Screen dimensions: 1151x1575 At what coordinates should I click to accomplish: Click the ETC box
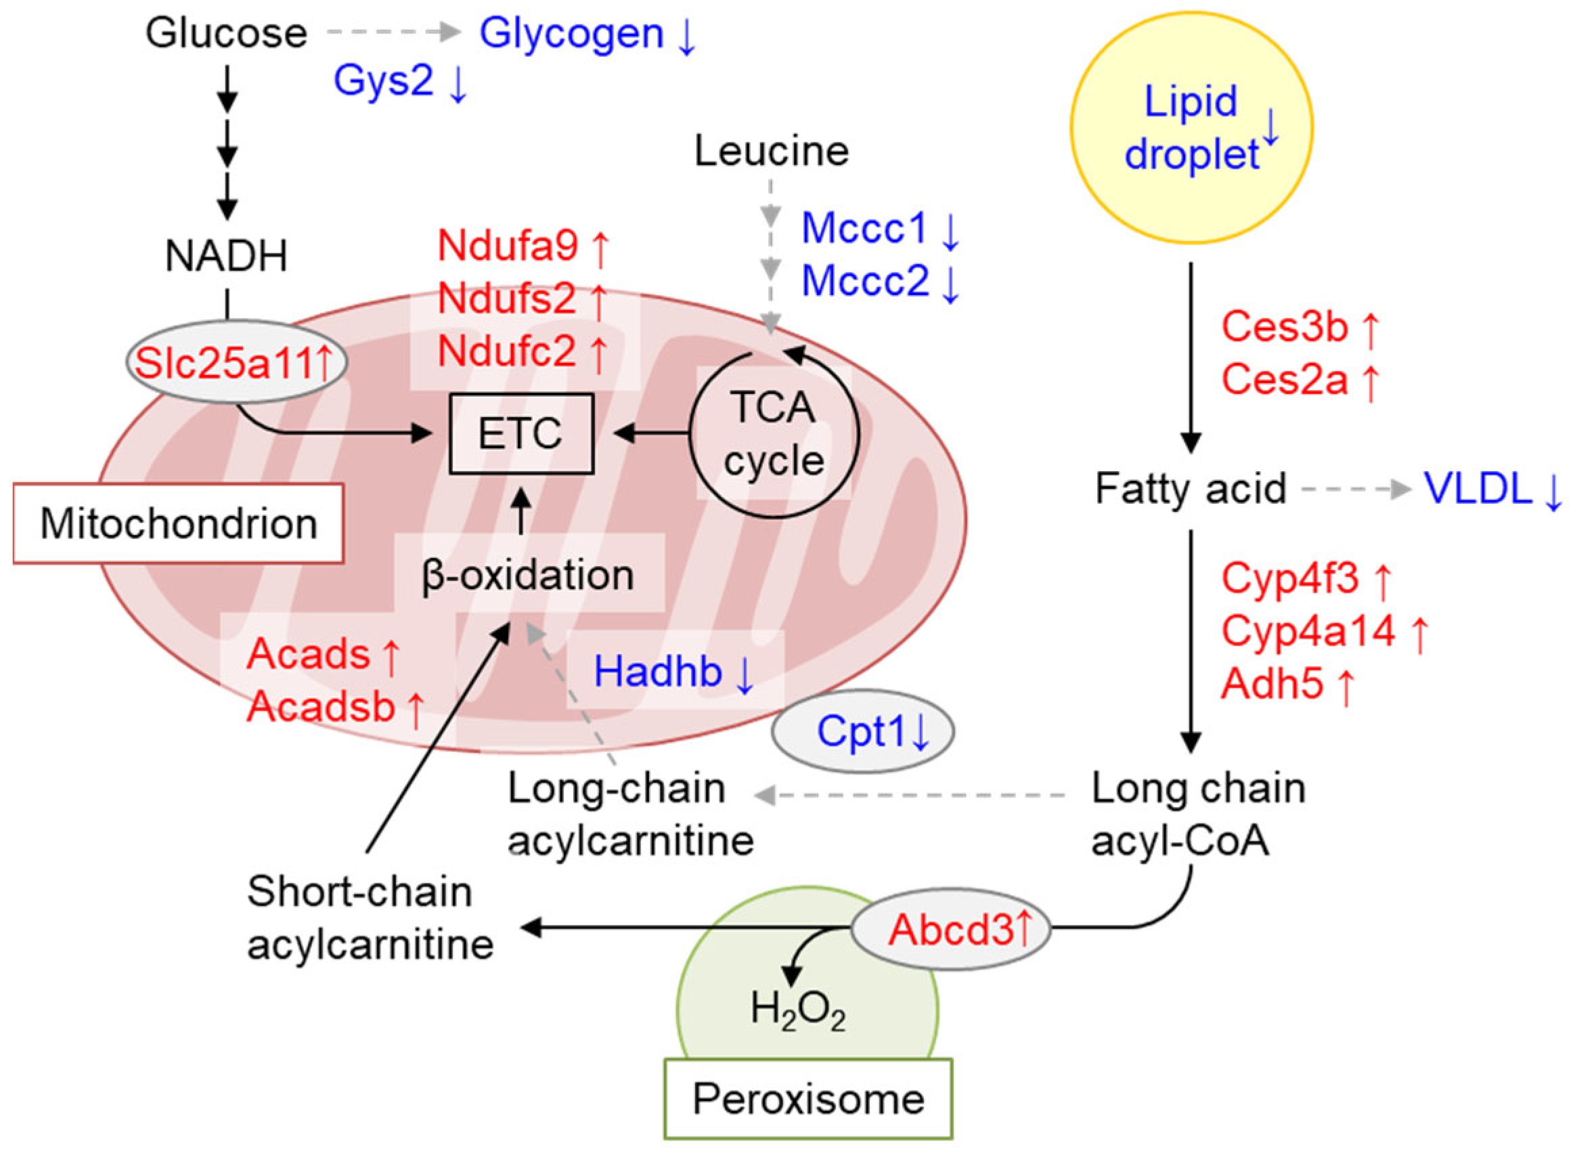(521, 433)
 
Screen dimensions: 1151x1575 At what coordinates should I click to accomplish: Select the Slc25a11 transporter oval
(236, 362)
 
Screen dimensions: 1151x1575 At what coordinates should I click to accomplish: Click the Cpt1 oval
(862, 732)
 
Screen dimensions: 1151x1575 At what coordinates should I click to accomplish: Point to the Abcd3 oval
(950, 929)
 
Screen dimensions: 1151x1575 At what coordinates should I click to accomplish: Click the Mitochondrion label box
(178, 523)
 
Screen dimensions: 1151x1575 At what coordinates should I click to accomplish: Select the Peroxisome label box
(808, 1099)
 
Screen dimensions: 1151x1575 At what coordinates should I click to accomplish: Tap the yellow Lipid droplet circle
(1191, 127)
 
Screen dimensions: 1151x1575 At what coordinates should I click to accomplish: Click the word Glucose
(226, 32)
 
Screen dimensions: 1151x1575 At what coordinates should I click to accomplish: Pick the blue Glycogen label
(572, 32)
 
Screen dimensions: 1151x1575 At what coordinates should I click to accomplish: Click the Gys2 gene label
(384, 80)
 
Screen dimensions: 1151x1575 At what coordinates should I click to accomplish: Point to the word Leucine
(772, 150)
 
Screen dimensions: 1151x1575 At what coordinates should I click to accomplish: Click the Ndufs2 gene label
(507, 298)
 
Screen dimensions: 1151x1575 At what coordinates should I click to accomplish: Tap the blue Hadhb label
(658, 672)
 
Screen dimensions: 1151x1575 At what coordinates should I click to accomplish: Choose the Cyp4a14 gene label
(1308, 631)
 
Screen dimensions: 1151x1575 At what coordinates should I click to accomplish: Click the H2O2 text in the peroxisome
(798, 1009)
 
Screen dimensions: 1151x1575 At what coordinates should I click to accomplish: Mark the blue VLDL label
(1477, 488)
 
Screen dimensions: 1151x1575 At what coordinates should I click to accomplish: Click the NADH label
(226, 256)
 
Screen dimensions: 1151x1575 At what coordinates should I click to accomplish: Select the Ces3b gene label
(1285, 326)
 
